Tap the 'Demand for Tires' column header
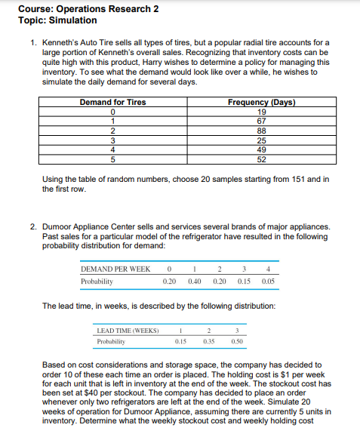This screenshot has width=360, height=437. coord(112,102)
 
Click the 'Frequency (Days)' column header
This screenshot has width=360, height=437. coord(261,102)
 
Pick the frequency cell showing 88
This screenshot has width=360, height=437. coord(261,130)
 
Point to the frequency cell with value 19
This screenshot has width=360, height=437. coord(261,111)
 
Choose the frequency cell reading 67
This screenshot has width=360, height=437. coord(261,120)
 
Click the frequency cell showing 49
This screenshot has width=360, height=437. coord(261,149)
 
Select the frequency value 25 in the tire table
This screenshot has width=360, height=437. coord(261,139)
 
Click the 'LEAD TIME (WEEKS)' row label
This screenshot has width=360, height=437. coord(128,331)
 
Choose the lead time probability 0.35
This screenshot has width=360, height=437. coord(209,342)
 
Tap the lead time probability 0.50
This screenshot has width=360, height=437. coord(237,342)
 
